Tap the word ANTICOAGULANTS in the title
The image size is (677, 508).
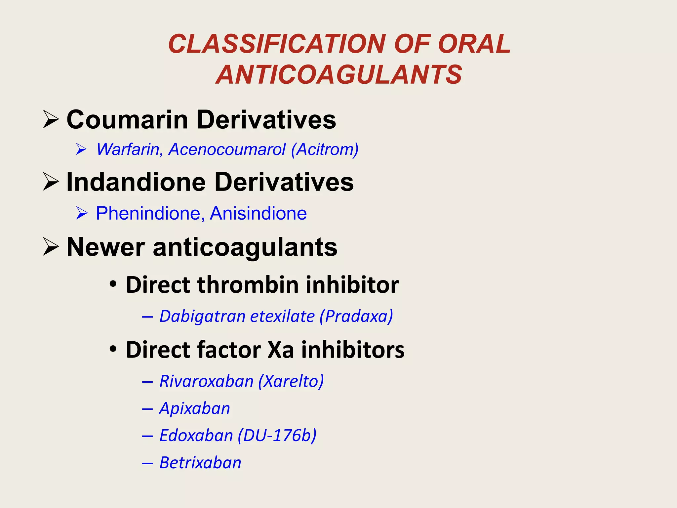pos(339,74)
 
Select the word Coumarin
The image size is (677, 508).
pos(127,119)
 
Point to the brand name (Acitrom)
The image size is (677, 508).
pos(325,149)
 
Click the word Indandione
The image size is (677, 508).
pos(136,182)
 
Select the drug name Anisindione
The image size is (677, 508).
pos(258,213)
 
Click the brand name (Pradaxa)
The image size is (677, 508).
pos(356,316)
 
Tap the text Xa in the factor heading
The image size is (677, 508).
pos(280,350)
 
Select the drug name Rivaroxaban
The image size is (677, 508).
pos(206,381)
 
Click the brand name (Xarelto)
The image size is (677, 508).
pos(291,381)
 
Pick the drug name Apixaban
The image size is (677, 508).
pos(194,408)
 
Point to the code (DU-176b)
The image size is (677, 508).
pos(277,435)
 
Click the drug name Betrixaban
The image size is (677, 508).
pos(200,462)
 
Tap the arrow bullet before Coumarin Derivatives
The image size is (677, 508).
pos(51,120)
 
